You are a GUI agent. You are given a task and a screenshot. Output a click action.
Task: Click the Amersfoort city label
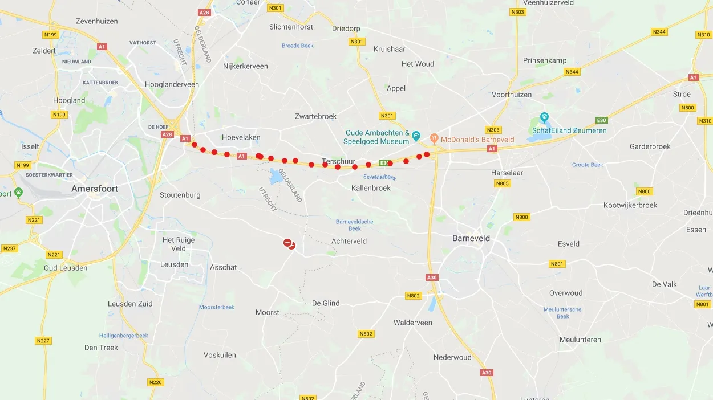(x=95, y=189)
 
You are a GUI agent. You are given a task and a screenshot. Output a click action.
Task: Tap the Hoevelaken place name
(x=241, y=137)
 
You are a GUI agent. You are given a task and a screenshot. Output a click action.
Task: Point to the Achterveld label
(x=349, y=241)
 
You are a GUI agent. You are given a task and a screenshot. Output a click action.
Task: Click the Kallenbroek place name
(x=371, y=188)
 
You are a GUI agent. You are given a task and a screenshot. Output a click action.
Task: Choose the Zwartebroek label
(x=315, y=116)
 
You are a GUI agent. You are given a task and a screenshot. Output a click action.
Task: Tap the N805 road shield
(x=503, y=183)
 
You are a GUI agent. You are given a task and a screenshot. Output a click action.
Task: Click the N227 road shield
(x=43, y=341)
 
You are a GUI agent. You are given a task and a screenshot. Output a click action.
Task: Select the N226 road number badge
(x=156, y=382)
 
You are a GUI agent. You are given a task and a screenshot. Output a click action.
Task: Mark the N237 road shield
(x=10, y=248)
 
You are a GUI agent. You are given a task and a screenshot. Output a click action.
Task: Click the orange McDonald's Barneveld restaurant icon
(x=434, y=138)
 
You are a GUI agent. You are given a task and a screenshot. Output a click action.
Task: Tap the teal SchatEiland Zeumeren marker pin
(x=544, y=117)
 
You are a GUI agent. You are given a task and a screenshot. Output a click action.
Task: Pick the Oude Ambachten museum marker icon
(x=416, y=136)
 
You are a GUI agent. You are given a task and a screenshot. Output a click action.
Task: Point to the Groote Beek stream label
(x=588, y=165)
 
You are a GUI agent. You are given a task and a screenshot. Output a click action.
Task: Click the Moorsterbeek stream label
(x=217, y=307)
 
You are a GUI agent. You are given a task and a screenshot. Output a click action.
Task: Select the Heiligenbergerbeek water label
(x=124, y=336)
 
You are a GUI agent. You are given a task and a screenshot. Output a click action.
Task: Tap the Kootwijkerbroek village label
(x=630, y=205)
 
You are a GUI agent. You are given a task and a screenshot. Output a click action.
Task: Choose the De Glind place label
(x=326, y=303)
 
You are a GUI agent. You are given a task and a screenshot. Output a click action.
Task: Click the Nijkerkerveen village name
(x=245, y=66)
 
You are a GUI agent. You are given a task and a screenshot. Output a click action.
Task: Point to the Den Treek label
(x=101, y=348)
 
